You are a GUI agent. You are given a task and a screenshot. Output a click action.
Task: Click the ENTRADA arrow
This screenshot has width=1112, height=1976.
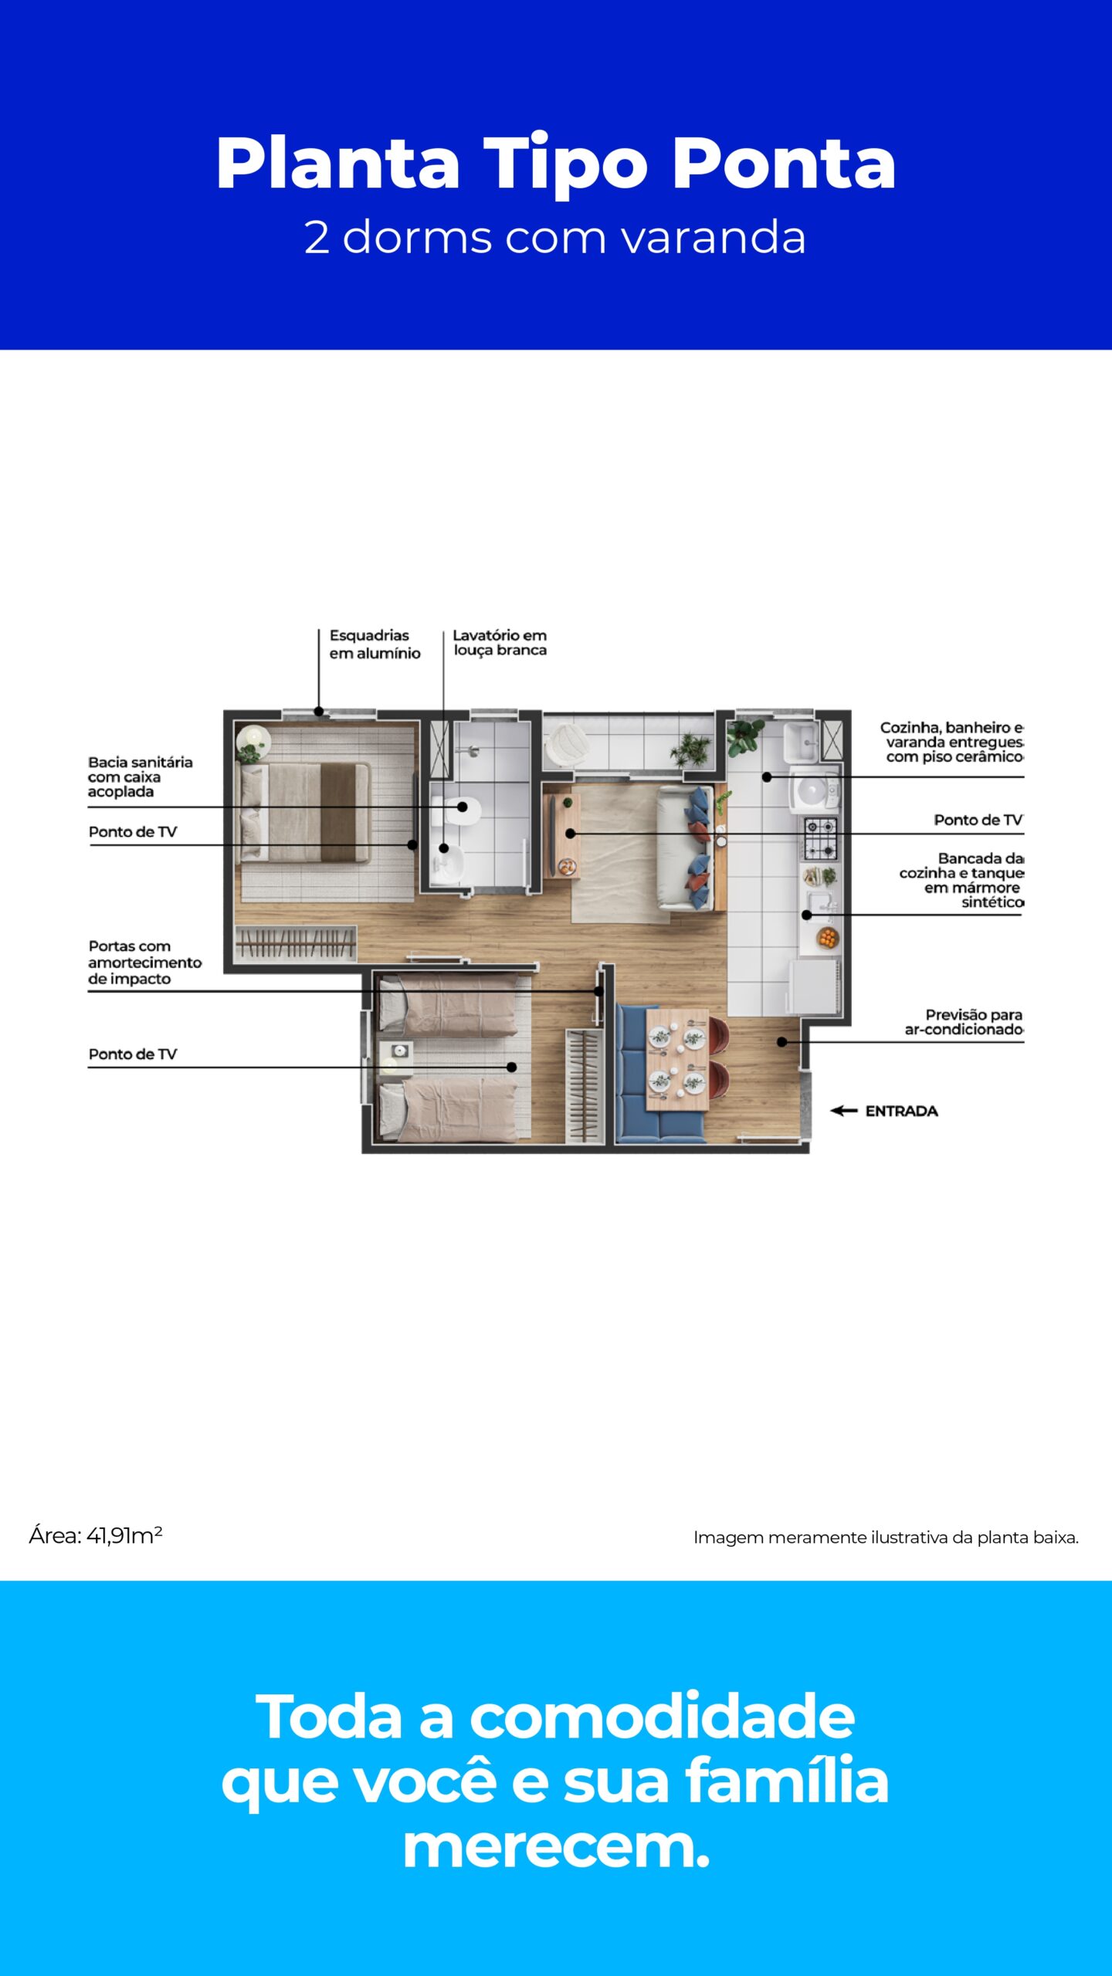[x=843, y=1111]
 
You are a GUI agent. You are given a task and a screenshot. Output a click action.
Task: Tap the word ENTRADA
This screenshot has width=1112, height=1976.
[x=901, y=1111]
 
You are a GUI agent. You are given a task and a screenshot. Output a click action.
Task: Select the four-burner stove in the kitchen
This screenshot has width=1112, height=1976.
[x=821, y=839]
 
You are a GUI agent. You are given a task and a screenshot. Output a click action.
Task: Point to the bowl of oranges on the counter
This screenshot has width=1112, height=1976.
[x=828, y=939]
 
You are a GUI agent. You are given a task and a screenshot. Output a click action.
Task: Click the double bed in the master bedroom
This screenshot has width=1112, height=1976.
[x=305, y=812]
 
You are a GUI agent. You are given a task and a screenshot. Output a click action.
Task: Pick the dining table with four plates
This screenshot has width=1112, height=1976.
[x=676, y=1058]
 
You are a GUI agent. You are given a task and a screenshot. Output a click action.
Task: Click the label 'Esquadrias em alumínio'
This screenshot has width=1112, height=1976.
[x=375, y=644]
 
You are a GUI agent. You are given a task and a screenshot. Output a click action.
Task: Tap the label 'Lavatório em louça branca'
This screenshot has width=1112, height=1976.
[x=500, y=642]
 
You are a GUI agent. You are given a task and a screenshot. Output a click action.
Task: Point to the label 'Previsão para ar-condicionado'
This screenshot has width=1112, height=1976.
[x=964, y=1022]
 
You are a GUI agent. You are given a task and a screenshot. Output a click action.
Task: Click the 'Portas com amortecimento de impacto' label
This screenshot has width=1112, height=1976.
[x=144, y=963]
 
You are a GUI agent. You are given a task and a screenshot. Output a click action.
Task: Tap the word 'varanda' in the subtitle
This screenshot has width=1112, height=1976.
[x=714, y=237]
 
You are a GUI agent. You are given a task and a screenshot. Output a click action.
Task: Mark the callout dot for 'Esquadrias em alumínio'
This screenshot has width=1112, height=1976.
[x=319, y=712]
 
